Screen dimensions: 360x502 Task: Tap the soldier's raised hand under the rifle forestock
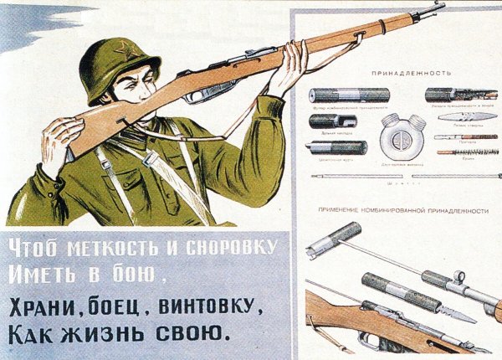pos(289,67)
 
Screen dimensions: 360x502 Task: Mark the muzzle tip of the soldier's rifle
pos(440,8)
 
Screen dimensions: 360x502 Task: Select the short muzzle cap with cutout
pos(333,121)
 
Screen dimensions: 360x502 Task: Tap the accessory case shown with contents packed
pos(460,95)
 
